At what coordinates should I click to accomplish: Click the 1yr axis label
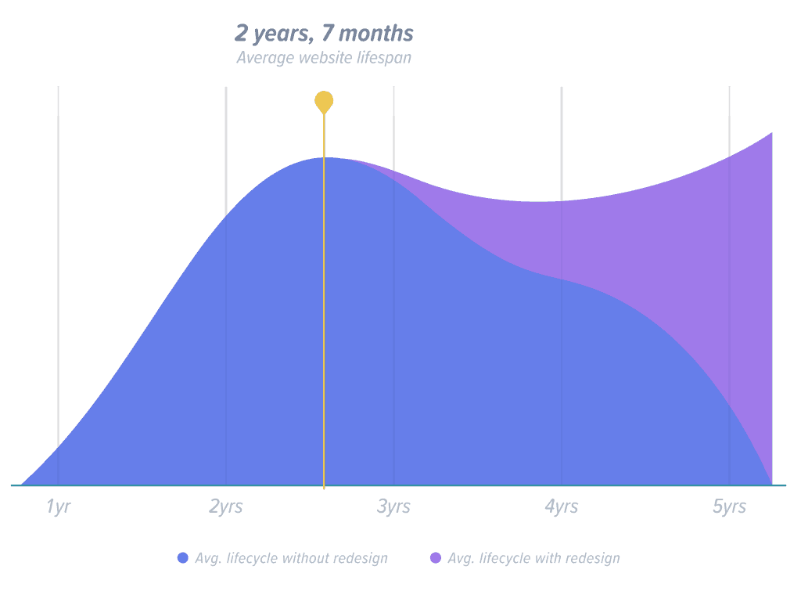tap(58, 507)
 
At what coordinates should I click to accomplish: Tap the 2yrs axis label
tap(225, 507)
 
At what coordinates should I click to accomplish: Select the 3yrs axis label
tap(393, 507)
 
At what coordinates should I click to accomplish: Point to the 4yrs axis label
tap(561, 507)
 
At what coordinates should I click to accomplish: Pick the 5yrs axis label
tap(729, 507)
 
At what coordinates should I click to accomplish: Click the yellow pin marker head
tap(324, 102)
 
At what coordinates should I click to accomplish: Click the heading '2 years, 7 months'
tap(324, 34)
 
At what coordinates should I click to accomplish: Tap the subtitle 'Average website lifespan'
tap(324, 58)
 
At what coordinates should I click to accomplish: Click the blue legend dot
tap(183, 558)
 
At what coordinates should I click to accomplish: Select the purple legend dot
tap(435, 558)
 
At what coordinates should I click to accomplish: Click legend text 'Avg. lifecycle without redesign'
tap(291, 558)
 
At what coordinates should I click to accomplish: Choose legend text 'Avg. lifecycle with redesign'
tap(534, 558)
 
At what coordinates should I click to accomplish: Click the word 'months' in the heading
tap(380, 34)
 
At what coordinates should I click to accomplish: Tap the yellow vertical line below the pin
tap(324, 313)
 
